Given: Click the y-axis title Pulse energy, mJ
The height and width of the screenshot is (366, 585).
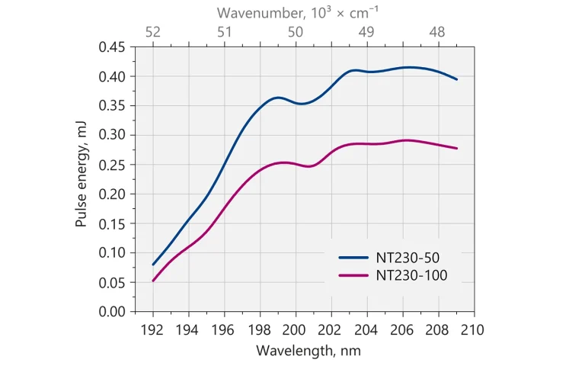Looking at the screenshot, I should pyautogui.click(x=82, y=178).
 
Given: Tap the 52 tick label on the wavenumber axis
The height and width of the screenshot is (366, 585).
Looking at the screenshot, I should pyautogui.click(x=153, y=32).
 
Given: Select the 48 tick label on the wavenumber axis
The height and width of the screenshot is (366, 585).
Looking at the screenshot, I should pyautogui.click(x=437, y=32).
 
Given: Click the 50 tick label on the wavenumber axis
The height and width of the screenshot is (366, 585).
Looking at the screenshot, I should pyautogui.click(x=296, y=32).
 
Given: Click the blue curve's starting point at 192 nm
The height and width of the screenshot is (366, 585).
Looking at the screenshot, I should pyautogui.click(x=153, y=265).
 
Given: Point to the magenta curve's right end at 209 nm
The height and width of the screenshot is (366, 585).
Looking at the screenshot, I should pyautogui.click(x=456, y=148).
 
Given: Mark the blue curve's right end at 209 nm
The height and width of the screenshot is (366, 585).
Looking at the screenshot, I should pyautogui.click(x=456, y=79).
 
